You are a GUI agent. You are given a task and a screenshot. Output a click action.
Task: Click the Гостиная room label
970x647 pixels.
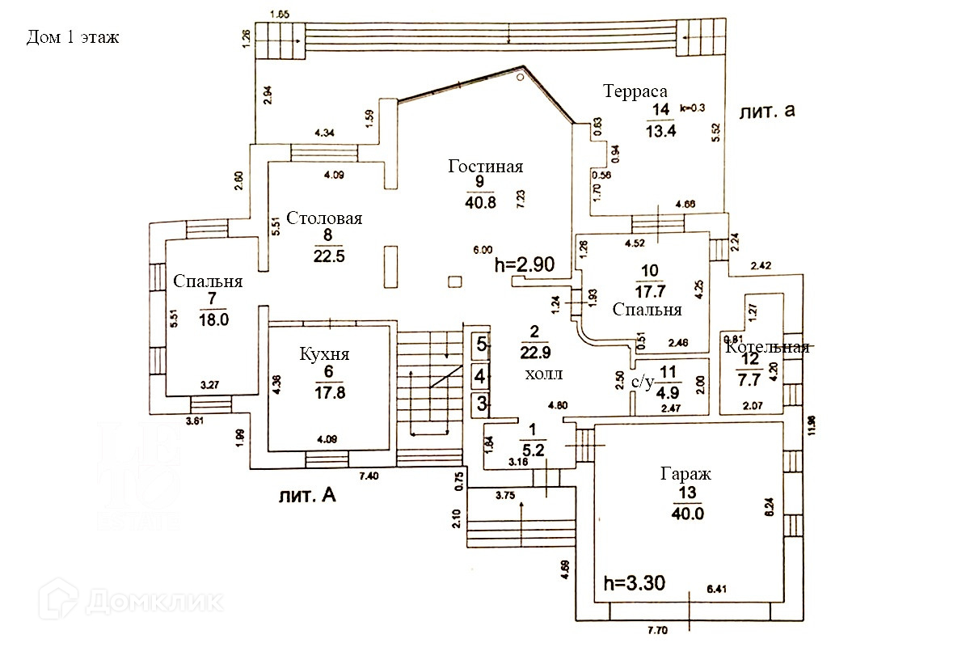pyautogui.click(x=486, y=167)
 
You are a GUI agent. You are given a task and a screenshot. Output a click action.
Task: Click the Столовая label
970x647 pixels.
pyautogui.click(x=328, y=218)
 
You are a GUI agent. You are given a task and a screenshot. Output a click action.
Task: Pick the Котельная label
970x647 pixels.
pyautogui.click(x=767, y=348)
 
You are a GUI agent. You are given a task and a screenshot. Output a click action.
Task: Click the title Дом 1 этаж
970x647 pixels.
pyautogui.click(x=73, y=37)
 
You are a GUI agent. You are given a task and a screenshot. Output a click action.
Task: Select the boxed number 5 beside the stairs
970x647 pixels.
pyautogui.click(x=480, y=344)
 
